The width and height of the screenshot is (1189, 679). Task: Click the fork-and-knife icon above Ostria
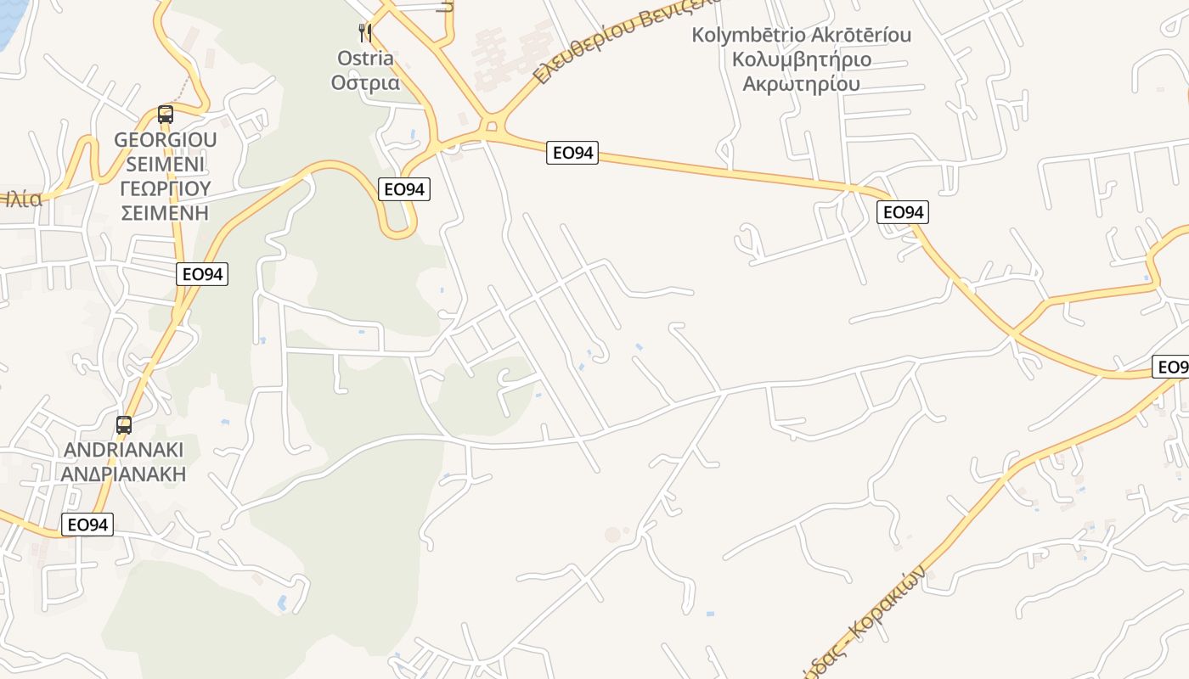tap(365, 33)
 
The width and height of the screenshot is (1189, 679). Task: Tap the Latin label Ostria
tap(365, 59)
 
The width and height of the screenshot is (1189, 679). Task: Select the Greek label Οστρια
tap(365, 82)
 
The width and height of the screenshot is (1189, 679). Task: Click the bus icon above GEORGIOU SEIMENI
tap(166, 115)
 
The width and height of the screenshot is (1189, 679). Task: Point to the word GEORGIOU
tap(166, 139)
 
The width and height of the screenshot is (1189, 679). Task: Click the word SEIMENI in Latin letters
tap(166, 163)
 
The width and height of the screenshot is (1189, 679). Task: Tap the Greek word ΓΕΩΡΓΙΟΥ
tap(166, 188)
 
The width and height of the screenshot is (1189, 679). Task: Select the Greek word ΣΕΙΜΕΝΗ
tap(166, 212)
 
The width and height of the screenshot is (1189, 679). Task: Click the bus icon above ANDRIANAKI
tap(124, 425)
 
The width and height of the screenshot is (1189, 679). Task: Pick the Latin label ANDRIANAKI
tap(124, 450)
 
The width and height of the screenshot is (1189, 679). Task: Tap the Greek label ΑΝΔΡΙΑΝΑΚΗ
tap(124, 474)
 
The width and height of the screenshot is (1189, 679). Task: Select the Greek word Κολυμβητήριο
tap(802, 59)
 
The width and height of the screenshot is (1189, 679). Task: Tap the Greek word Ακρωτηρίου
tap(802, 83)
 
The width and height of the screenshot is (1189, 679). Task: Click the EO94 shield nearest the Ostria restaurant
tap(404, 189)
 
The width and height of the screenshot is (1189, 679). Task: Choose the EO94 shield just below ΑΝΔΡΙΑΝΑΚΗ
tap(87, 525)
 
